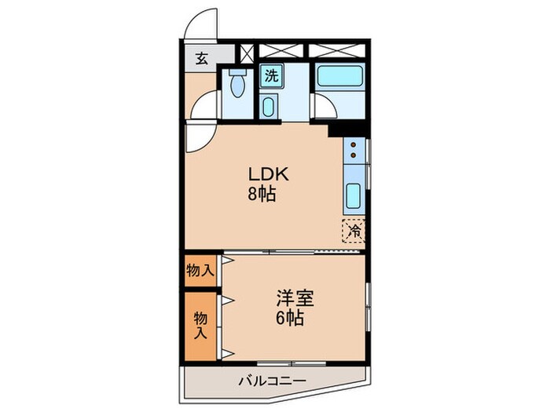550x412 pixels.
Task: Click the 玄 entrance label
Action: point(201,58)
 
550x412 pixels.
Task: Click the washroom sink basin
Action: point(269,106)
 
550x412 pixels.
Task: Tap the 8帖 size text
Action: point(263,194)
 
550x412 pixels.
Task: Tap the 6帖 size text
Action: point(290,319)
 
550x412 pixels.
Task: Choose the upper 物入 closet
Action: point(200,272)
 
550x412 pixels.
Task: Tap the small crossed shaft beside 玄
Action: point(247,54)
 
